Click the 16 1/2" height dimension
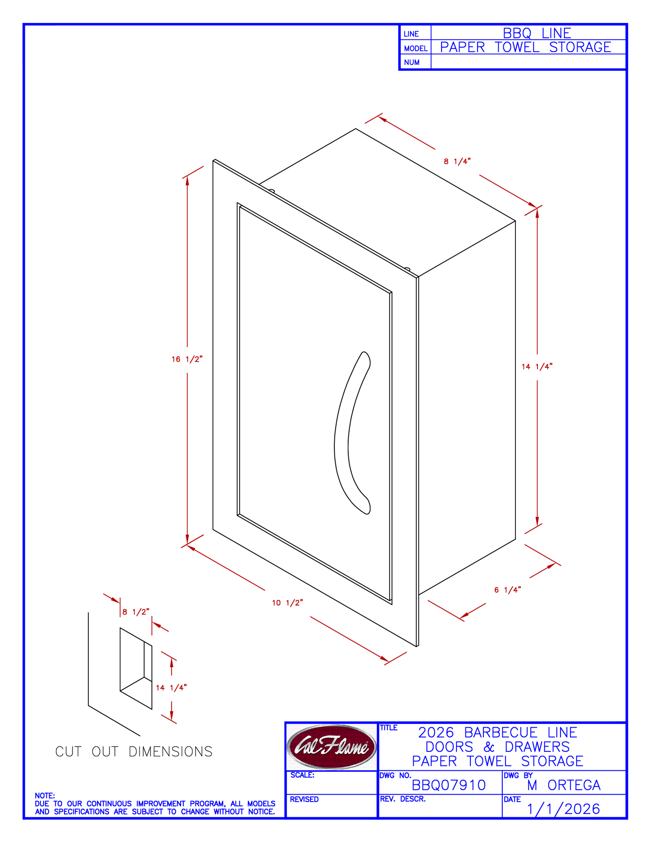click(187, 359)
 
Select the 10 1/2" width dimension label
click(287, 603)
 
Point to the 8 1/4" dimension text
click(457, 162)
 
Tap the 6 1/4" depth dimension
click(508, 590)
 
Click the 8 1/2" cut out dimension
click(136, 612)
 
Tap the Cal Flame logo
click(331, 747)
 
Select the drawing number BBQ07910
click(449, 785)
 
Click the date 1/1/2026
click(564, 809)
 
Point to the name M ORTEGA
click(564, 785)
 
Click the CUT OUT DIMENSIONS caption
click(134, 751)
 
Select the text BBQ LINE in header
click(537, 33)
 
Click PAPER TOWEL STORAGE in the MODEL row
click(526, 47)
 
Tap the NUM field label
click(412, 63)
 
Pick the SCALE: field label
click(302, 775)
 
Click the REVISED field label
click(304, 799)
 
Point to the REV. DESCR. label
click(403, 799)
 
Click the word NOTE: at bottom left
click(45, 796)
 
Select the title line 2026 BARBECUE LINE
click(498, 733)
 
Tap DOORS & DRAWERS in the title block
click(498, 747)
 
